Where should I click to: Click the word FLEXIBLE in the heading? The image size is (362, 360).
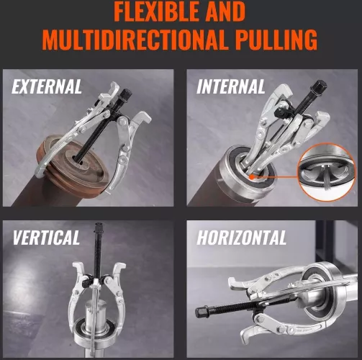click(156, 12)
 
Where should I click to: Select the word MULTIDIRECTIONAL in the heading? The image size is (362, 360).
click(135, 40)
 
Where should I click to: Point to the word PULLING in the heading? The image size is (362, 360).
click(276, 40)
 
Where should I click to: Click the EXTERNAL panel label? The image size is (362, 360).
click(47, 86)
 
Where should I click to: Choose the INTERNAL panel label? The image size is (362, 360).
click(231, 86)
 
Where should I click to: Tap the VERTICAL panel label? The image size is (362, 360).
click(46, 238)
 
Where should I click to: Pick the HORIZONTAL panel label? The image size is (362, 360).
click(241, 238)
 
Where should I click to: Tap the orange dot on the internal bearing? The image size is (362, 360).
click(251, 177)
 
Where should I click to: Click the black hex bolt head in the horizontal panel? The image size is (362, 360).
click(201, 312)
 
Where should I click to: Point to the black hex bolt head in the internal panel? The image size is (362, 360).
click(319, 86)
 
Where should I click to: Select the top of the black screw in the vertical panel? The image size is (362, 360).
click(99, 226)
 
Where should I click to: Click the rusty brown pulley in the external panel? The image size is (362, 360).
click(72, 163)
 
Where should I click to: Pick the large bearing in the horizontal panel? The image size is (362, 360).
click(326, 291)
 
